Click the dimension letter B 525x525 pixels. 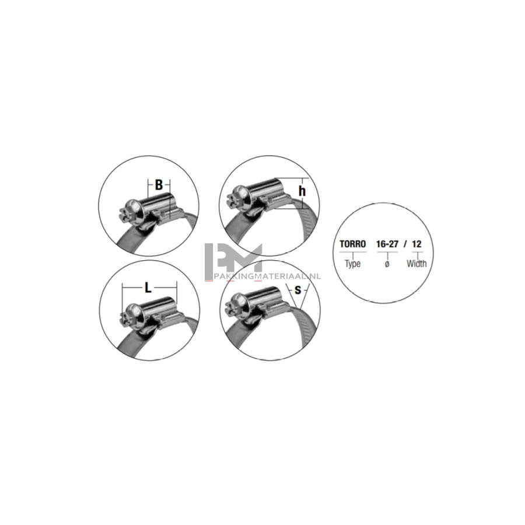[159, 185]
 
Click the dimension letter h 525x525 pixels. [302, 191]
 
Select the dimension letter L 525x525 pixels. [148, 288]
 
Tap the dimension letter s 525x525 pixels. [297, 290]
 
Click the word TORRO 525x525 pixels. [352, 244]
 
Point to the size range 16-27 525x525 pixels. [387, 244]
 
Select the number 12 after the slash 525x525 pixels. [416, 244]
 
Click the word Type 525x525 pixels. [352, 264]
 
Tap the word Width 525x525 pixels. [416, 264]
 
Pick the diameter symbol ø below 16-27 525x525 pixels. [387, 264]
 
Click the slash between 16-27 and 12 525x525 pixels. [405, 244]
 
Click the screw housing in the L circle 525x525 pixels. [159, 307]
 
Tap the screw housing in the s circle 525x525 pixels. [264, 297]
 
